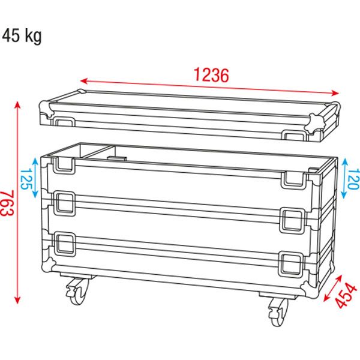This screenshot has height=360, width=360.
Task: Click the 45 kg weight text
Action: tap(22, 36)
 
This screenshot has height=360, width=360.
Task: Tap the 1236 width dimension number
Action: tap(211, 75)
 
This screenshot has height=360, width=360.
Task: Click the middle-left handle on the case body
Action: tap(65, 204)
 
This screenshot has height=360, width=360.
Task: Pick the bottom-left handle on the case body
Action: tap(65, 244)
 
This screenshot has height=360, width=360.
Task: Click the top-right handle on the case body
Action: tap(292, 178)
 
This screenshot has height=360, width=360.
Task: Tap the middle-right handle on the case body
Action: tap(292, 220)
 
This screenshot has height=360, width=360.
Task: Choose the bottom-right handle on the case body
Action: tap(292, 263)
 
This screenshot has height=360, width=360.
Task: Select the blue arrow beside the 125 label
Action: tap(38, 178)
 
